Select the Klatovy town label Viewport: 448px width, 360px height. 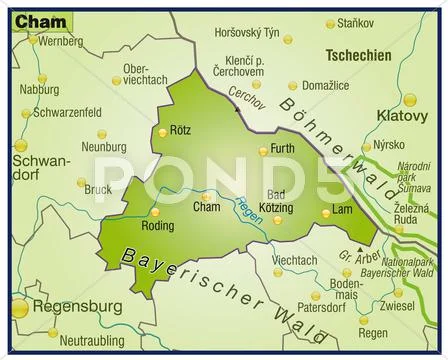click(x=401, y=116)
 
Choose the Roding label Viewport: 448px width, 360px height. click(x=157, y=225)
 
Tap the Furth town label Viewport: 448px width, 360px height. click(x=285, y=150)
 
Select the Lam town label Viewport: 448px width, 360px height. click(x=342, y=210)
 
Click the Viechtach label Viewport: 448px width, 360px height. click(x=295, y=260)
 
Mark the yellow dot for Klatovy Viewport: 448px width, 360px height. click(x=410, y=99)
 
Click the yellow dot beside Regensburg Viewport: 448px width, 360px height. click(x=19, y=309)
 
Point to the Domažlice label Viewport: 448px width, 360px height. click(x=325, y=87)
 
